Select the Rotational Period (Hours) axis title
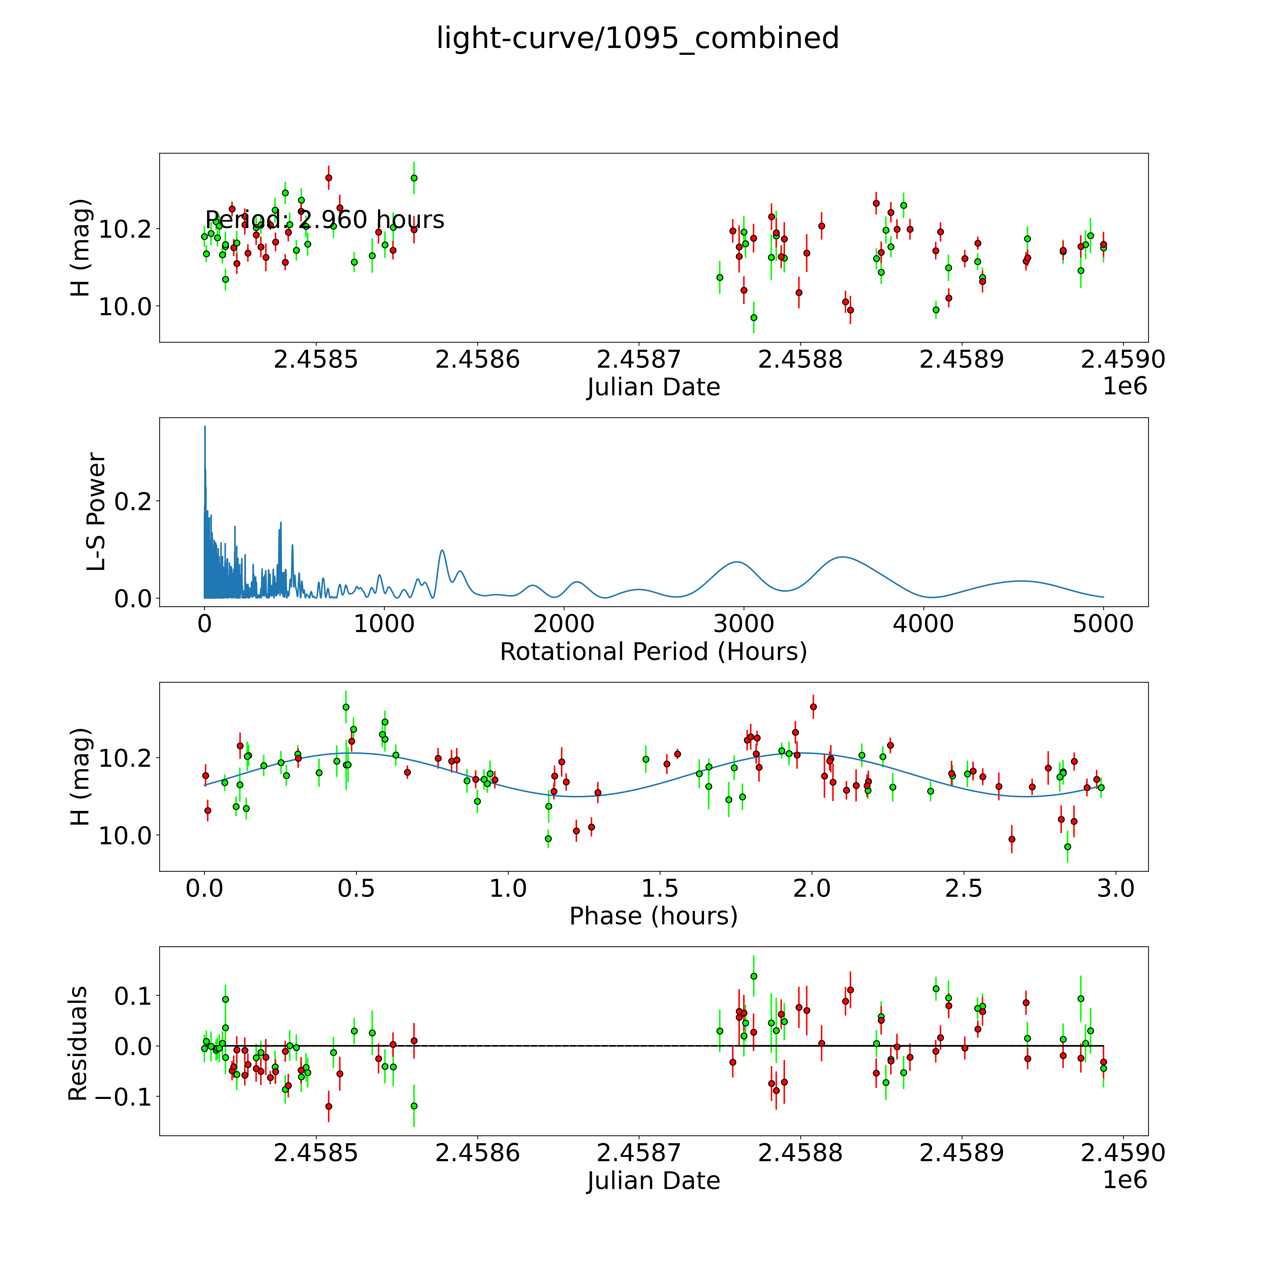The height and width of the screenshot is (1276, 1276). (653, 652)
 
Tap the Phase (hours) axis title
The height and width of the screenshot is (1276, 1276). (653, 916)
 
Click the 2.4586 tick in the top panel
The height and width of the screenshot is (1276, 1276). (478, 360)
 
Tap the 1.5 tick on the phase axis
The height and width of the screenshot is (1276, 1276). (660, 888)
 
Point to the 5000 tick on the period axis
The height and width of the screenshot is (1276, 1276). (1103, 624)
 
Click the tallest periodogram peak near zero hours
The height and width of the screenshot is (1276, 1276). (205, 427)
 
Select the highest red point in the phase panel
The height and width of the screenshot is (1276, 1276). (813, 707)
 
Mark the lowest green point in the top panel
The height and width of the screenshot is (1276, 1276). (754, 318)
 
